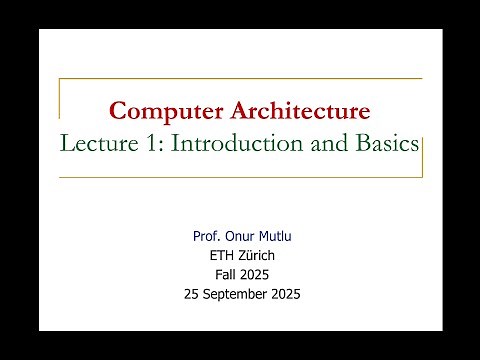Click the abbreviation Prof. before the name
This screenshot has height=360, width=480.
tap(206, 237)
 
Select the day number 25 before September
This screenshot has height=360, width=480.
tap(192, 294)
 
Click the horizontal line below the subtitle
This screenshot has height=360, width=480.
tap(240, 177)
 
